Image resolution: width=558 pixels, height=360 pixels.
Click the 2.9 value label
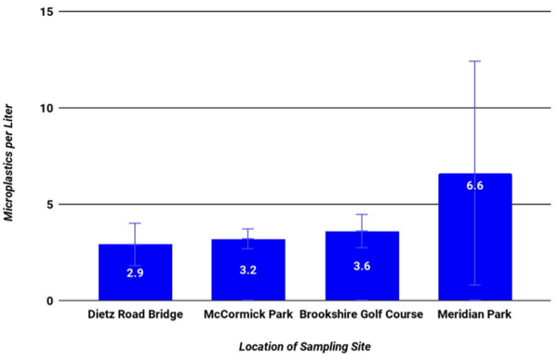[135, 274]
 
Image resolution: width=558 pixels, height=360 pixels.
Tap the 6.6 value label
[474, 185]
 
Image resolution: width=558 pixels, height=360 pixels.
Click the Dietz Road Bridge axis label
[135, 314]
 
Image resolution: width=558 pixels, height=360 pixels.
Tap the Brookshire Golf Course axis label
[362, 314]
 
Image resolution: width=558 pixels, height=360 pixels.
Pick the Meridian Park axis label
[474, 314]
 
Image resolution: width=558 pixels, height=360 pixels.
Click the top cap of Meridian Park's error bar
[474, 60]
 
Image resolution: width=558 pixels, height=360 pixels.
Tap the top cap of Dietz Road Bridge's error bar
[135, 223]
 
